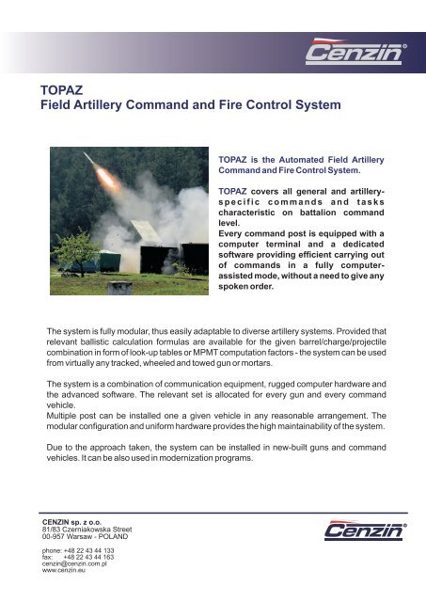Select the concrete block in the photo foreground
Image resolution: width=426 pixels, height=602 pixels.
point(119,287)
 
